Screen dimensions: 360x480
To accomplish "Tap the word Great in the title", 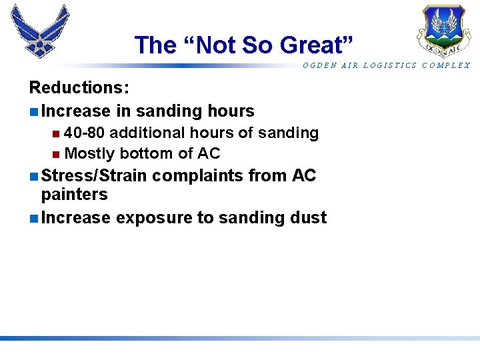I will (x=314, y=45).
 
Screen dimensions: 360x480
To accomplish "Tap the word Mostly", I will (x=91, y=153).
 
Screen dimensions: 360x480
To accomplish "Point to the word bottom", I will (x=147, y=153).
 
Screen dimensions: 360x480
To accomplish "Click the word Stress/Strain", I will (x=94, y=176).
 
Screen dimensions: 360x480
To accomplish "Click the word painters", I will (x=74, y=194).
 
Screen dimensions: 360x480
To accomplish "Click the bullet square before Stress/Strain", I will (x=33, y=177).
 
